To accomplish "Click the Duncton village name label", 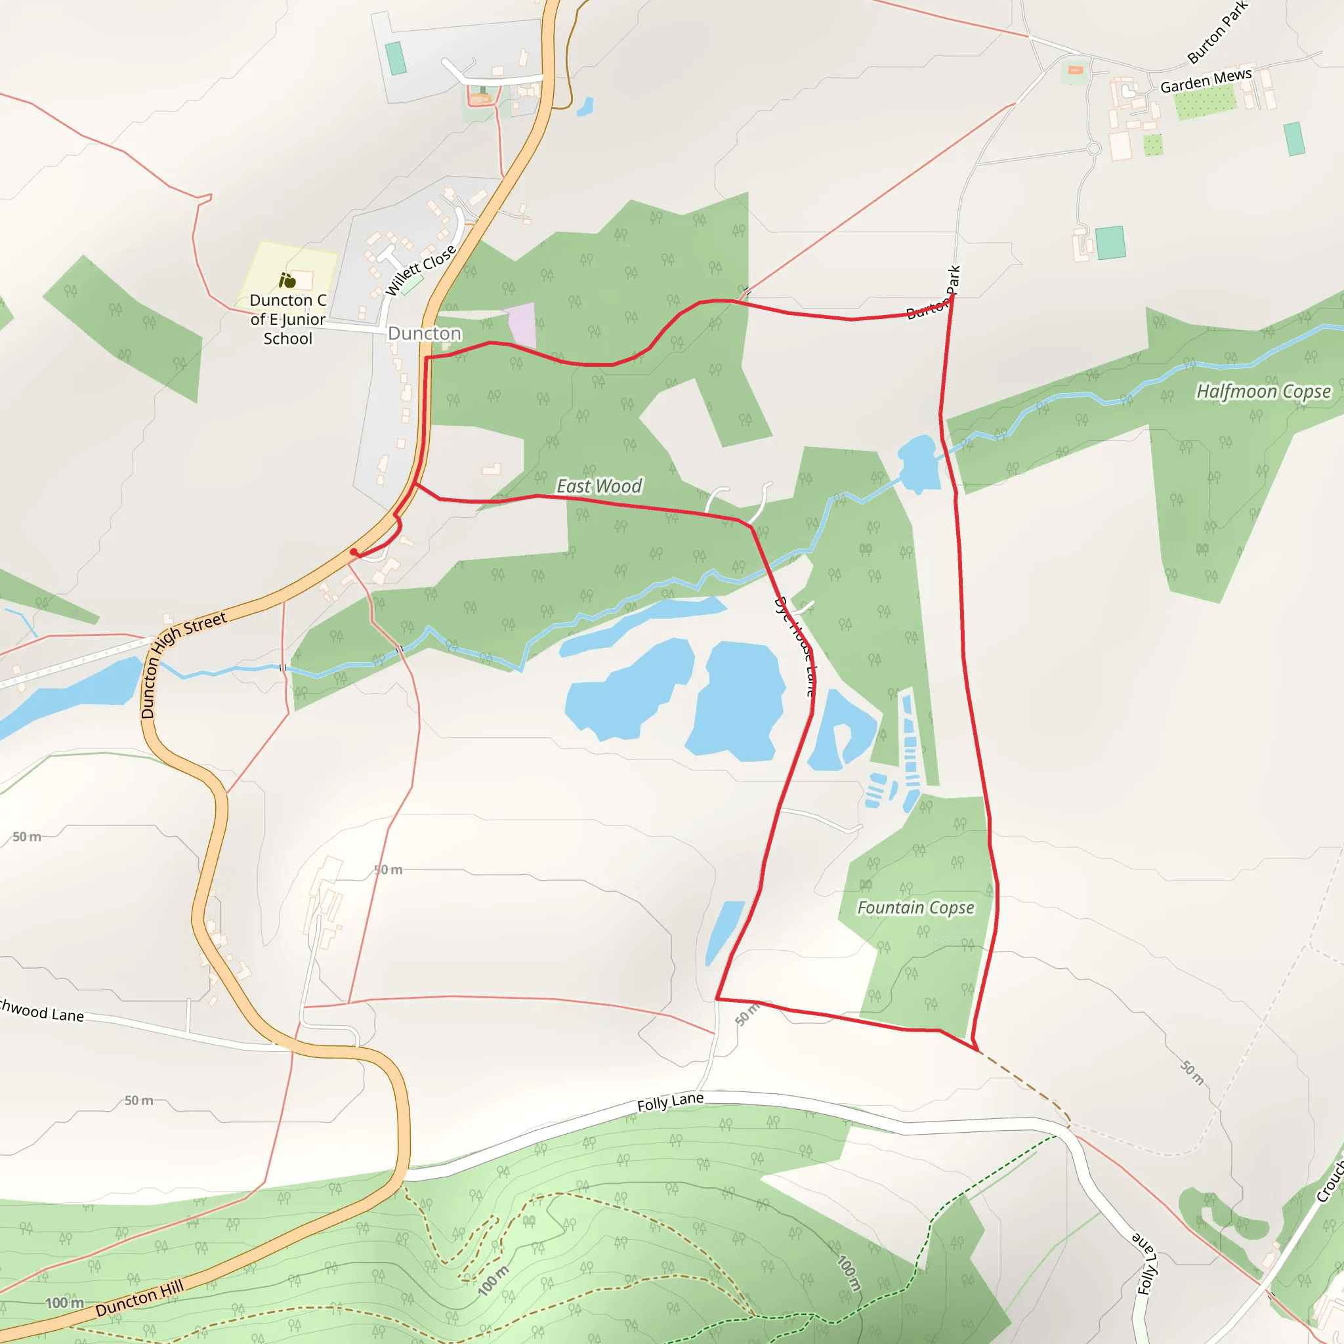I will (425, 333).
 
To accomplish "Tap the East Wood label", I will (599, 486).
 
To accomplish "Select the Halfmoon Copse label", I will (1263, 392).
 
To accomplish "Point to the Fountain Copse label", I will (915, 908).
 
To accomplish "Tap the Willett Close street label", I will (420, 270).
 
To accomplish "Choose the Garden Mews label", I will (1206, 81).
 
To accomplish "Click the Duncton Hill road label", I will (140, 1298).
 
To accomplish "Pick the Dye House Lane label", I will (795, 646).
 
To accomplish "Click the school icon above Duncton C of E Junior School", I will (287, 280).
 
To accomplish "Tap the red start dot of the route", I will (354, 552).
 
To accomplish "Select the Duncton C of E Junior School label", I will (287, 320).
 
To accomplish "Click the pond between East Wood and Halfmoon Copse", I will (917, 462).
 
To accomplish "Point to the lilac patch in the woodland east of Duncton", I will (522, 325).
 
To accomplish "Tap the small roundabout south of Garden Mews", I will (1093, 148).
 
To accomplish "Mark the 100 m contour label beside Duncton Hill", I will (64, 1302).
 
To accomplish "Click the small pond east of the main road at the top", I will (586, 106).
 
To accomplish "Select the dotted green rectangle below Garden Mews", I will (1205, 102).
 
